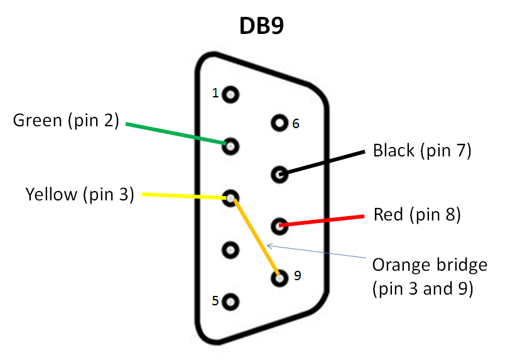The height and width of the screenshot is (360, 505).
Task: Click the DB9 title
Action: tap(261, 26)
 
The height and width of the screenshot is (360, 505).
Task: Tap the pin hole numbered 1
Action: tap(231, 95)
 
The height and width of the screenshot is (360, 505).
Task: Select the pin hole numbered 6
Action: tap(280, 123)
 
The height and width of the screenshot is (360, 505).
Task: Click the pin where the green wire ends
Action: tap(231, 146)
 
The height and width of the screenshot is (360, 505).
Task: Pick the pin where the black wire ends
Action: tap(280, 175)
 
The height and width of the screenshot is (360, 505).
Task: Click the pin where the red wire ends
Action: tap(280, 226)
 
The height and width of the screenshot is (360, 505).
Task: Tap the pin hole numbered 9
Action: tap(280, 278)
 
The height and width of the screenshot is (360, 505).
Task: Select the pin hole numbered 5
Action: tap(231, 302)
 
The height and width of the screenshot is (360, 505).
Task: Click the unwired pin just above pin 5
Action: tap(231, 250)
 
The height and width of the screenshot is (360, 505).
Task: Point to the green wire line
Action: tap(176, 133)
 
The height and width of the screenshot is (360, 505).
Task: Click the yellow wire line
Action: tap(184, 196)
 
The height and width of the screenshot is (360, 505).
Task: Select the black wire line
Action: tap(322, 163)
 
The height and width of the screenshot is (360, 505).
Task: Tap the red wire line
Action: tap(322, 221)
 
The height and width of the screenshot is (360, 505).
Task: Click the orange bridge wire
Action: tap(256, 237)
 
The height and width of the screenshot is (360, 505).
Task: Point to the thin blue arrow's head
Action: tap(270, 246)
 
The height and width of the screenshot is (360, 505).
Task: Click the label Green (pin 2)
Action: tap(66, 121)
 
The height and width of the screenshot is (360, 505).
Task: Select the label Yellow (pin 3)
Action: tap(80, 194)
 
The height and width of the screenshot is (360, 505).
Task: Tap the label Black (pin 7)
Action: tap(422, 151)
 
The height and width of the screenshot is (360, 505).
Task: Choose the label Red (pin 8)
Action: tap(417, 214)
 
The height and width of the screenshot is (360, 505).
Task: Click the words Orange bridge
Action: tap(430, 265)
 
